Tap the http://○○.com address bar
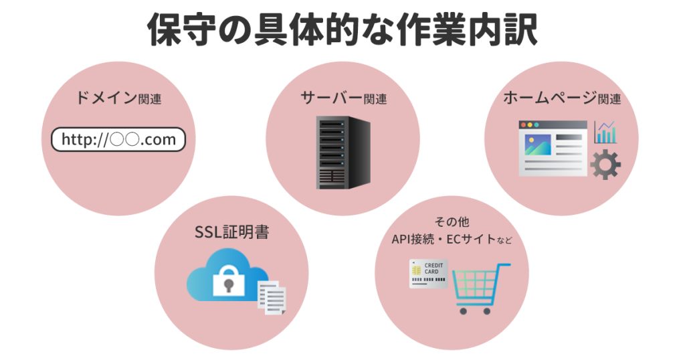118,139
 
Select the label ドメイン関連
118,98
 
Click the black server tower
342,152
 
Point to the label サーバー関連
343,98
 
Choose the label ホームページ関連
561,98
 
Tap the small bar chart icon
605,132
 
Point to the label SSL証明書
231,232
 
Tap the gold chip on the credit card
417,269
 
